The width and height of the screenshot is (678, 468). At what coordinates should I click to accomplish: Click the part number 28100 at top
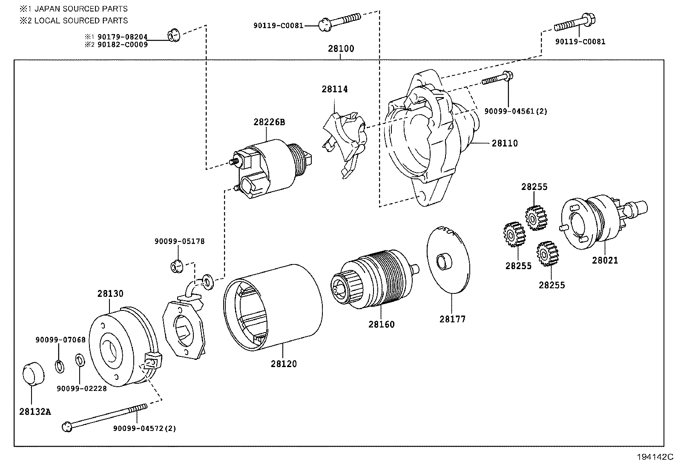[x=341, y=49]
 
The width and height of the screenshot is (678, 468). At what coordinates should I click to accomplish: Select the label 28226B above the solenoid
[x=269, y=122]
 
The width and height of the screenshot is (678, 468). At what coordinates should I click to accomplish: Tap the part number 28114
[x=334, y=89]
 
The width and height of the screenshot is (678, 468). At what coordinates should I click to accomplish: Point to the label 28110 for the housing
[x=505, y=144]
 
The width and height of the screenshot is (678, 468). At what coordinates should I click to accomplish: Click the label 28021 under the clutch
[x=604, y=260]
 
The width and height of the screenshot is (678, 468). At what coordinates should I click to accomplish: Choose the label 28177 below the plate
[x=452, y=319]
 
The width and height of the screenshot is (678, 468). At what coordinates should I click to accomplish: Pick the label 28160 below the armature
[x=381, y=324]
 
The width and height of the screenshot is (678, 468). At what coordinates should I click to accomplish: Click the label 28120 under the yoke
[x=284, y=364]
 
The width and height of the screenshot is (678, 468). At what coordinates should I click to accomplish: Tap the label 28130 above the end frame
[x=110, y=293]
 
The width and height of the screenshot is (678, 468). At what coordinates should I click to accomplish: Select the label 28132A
[x=35, y=412]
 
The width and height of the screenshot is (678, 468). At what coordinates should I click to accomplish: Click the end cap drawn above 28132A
[x=33, y=374]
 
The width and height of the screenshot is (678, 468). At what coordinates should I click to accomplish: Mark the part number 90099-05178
[x=179, y=241]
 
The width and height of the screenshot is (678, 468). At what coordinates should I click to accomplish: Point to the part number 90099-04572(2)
[x=144, y=428]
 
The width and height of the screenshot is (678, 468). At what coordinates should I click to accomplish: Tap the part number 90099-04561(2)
[x=515, y=111]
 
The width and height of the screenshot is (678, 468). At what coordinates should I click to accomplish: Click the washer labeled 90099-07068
[x=60, y=365]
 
